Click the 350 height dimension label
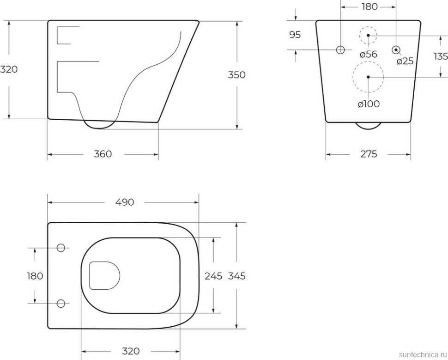[x=236, y=75]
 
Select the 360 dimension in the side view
[x=103, y=154]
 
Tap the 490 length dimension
[x=125, y=202]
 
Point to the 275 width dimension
[x=369, y=154]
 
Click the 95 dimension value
[x=295, y=35]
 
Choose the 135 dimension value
[x=441, y=57]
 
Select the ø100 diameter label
[x=369, y=104]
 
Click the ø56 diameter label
[x=368, y=54]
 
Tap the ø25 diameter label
[x=405, y=61]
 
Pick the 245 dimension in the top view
[x=213, y=276]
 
